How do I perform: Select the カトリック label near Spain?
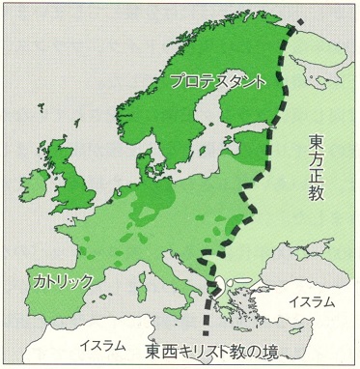point(60,281)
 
